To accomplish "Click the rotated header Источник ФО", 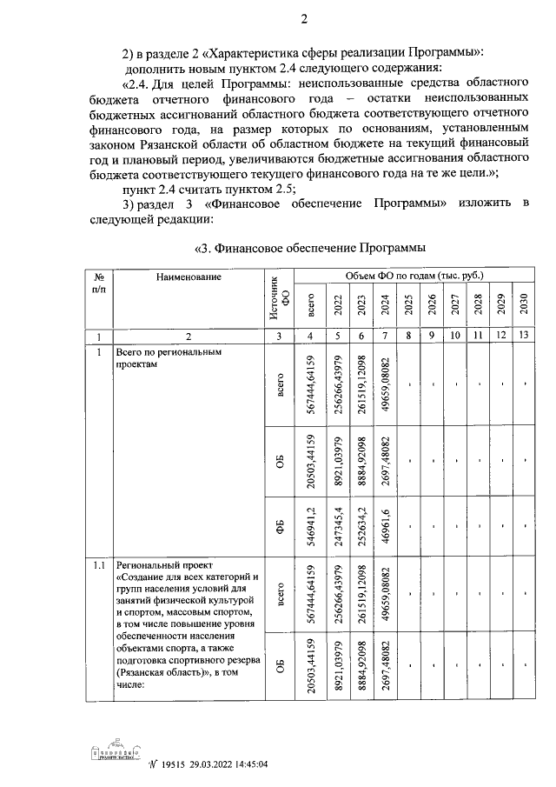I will point(277,298).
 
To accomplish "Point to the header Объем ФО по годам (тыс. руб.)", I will point(413,276).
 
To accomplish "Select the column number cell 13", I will point(524,336).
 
